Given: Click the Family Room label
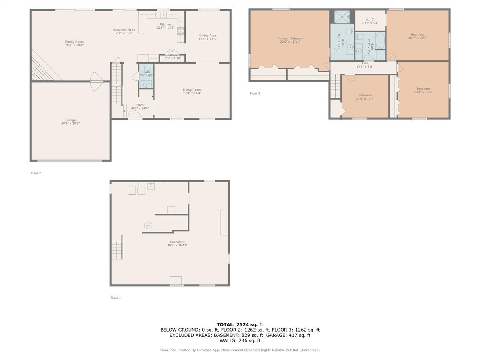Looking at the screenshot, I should click(74, 42).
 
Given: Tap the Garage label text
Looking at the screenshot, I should click(70, 120).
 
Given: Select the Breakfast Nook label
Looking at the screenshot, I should click(124, 30).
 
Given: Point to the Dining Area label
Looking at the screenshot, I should click(208, 36).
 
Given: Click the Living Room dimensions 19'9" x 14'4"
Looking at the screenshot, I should click(192, 93).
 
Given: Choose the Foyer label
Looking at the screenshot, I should click(140, 105).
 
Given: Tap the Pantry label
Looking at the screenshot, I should click(173, 54).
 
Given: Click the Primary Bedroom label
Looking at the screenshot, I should click(290, 38).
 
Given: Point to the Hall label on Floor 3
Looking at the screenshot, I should click(365, 63).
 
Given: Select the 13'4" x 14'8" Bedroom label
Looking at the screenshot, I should click(423, 89).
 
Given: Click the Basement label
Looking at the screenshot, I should click(177, 242).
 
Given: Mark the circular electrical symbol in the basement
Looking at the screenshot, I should click(148, 226).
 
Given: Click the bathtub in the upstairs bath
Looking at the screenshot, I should click(380, 41).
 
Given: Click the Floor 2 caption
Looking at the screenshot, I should click(36, 173).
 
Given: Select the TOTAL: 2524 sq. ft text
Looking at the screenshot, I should click(240, 324).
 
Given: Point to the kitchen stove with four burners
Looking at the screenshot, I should click(181, 30).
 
